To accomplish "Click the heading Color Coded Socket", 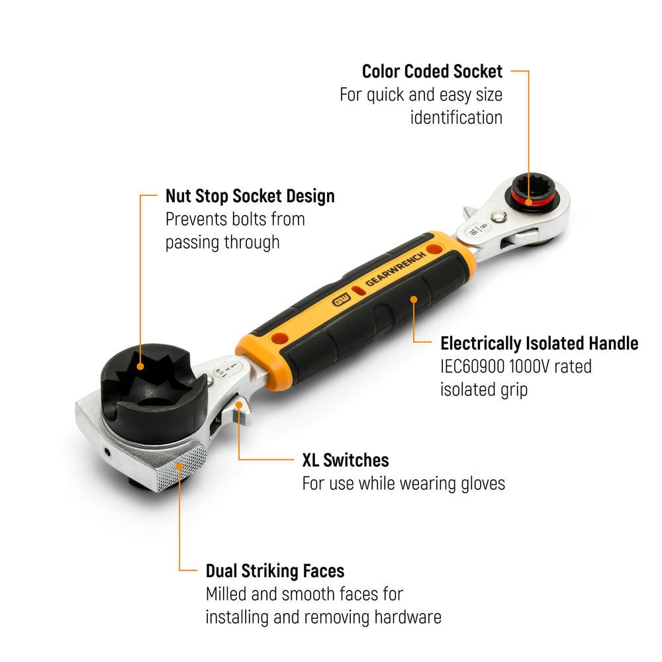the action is (x=432, y=71).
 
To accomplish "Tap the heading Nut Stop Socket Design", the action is (x=250, y=196).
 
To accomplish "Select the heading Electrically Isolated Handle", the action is (x=539, y=343).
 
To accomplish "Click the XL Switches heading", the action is (x=346, y=460).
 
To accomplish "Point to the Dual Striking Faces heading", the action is (x=275, y=571).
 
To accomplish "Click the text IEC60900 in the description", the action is (x=472, y=367).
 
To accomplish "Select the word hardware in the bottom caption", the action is (x=408, y=617).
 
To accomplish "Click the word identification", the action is (x=456, y=118).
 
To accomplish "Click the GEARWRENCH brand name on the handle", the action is (x=396, y=269).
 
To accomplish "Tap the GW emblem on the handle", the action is (x=341, y=300).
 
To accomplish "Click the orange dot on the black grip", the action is (x=414, y=299).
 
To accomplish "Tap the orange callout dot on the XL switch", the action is (x=238, y=405).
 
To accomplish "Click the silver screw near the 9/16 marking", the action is (x=500, y=216).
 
